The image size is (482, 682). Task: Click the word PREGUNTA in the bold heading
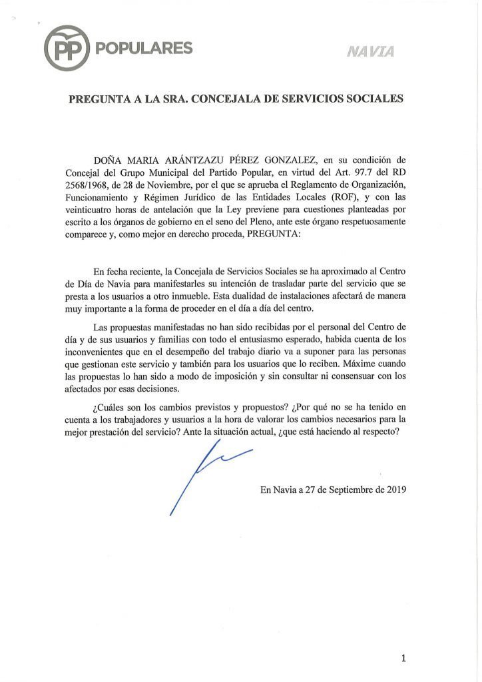coord(100,99)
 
